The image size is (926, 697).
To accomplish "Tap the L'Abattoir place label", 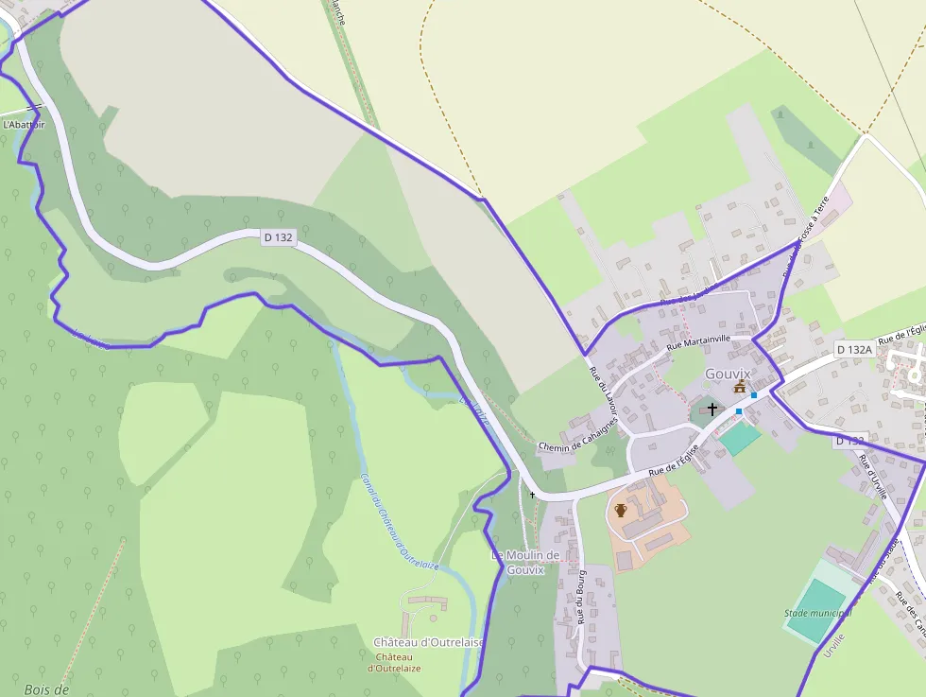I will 24,124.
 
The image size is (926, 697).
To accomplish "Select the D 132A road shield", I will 854,349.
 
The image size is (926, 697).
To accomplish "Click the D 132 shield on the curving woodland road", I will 278,237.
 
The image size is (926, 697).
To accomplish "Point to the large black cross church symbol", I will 712,409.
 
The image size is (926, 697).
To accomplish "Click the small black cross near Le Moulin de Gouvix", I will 532,495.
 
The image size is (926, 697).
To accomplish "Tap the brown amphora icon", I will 621,510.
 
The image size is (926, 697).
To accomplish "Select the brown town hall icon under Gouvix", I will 740,388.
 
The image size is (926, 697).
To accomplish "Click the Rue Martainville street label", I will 698,342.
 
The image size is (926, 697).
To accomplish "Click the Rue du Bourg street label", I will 582,597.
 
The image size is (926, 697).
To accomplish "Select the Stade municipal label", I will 817,613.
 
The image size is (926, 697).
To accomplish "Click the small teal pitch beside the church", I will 740,437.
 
